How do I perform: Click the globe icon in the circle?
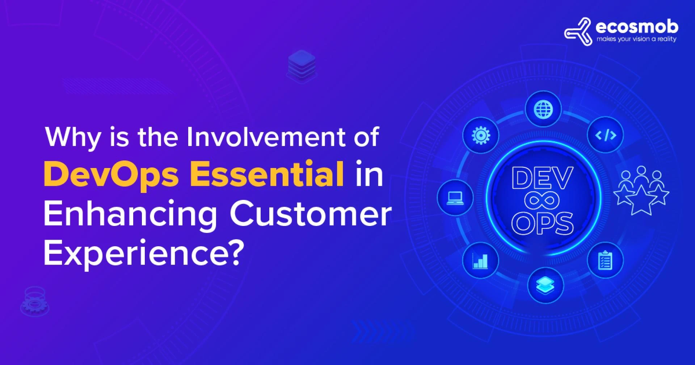[x=543, y=109]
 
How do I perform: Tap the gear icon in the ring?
[x=481, y=135]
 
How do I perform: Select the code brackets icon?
[x=606, y=135]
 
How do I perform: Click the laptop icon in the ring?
[x=455, y=198]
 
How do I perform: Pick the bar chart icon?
[x=480, y=260]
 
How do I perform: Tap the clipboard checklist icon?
[x=605, y=260]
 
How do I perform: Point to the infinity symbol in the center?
[x=542, y=201]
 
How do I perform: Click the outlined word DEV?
[x=542, y=179]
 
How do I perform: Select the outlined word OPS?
[x=542, y=223]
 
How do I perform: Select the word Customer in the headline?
[x=311, y=214]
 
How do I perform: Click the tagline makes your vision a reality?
[x=636, y=39]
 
